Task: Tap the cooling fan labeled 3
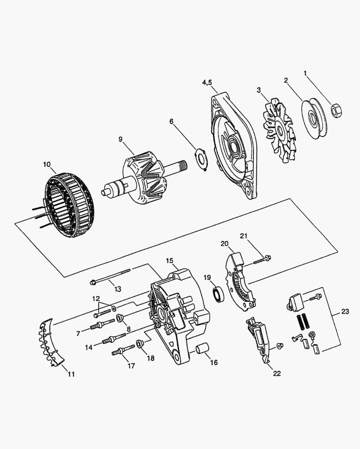278,131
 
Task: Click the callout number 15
170,260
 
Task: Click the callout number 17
131,366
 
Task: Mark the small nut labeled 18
140,344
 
